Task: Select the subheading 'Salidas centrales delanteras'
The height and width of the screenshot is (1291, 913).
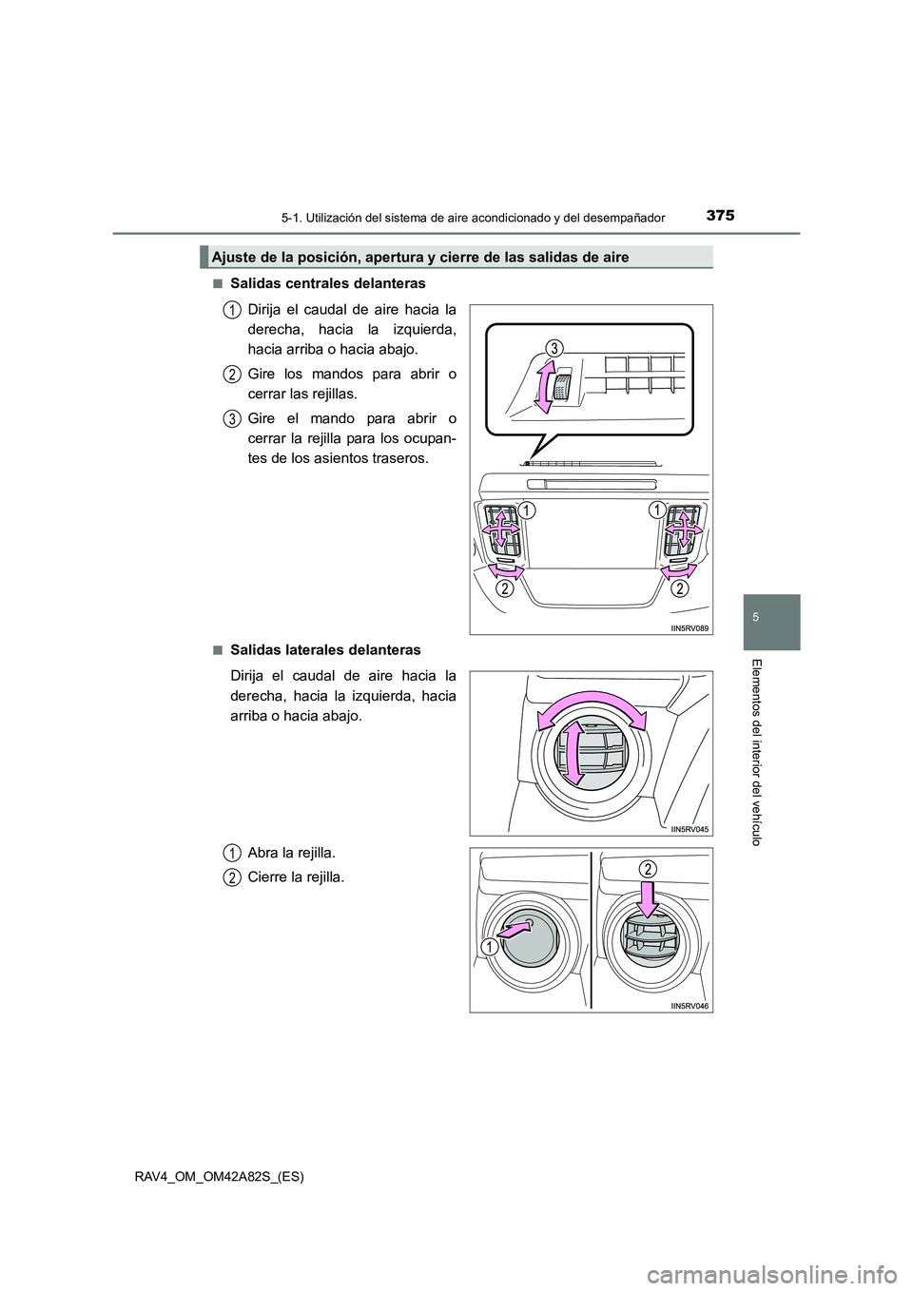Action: pos(327,284)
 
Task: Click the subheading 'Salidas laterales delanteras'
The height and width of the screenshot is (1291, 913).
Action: pos(324,650)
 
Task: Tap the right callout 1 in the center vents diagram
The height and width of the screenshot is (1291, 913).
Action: pos(656,511)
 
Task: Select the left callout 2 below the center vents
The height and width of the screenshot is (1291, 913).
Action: pos(502,590)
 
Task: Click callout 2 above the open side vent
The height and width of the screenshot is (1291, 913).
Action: pos(648,869)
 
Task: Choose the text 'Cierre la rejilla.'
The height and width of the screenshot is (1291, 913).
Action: pos(295,877)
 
